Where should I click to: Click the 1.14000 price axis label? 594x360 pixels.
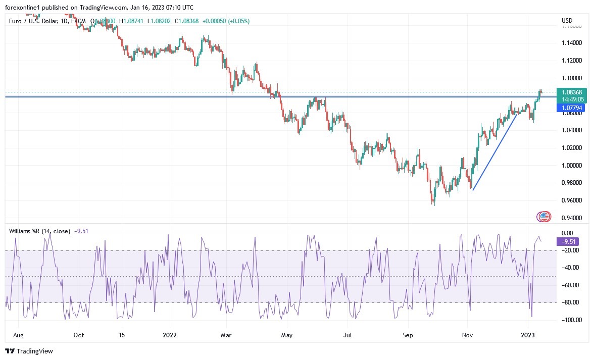(x=571, y=43)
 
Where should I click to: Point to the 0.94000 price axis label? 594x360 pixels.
(x=571, y=218)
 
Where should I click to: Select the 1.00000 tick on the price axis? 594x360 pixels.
(x=571, y=166)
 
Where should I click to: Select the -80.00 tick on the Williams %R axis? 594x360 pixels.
(x=571, y=302)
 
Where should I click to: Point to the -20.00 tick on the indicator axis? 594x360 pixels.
(x=571, y=250)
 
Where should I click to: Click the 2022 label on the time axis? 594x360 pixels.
(x=169, y=335)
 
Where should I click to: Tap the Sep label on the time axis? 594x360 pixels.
(x=408, y=335)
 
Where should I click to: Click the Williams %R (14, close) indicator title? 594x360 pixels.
(x=39, y=231)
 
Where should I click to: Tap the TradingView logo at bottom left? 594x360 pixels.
(x=29, y=351)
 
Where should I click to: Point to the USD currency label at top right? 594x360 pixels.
(x=567, y=21)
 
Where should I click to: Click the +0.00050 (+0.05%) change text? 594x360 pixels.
(x=226, y=21)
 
